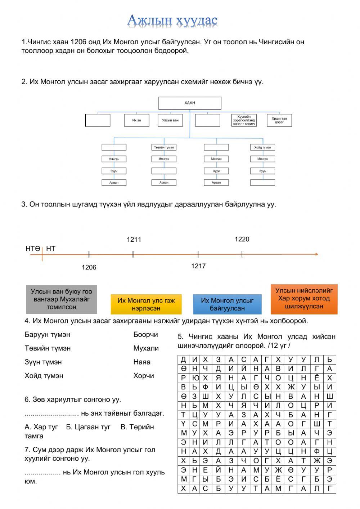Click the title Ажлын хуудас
click(172, 21)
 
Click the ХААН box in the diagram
click(190, 103)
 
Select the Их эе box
click(136, 120)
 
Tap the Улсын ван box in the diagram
click(170, 120)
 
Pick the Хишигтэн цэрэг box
click(279, 120)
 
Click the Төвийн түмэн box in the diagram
click(164, 147)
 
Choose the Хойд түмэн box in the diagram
click(262, 147)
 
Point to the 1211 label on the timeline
click(134, 240)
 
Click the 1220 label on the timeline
click(242, 239)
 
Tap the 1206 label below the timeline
click(89, 267)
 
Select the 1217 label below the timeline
click(198, 266)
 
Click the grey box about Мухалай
click(62, 299)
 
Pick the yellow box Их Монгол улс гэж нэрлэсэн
click(146, 304)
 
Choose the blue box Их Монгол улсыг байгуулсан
click(227, 304)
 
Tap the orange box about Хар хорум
click(304, 299)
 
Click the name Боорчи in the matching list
click(145, 335)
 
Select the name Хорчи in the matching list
click(144, 376)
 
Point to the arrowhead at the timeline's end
click(316, 254)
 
